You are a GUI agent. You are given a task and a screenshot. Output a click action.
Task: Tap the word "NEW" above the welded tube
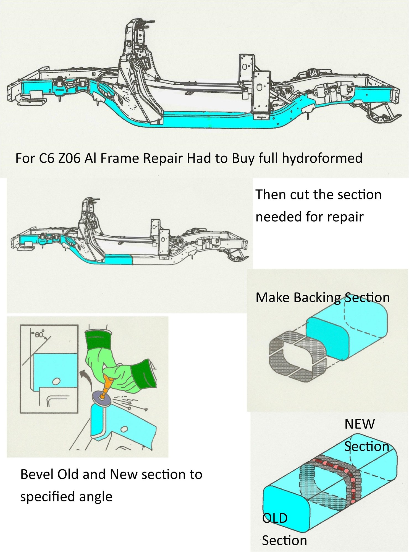tap(359, 424)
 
